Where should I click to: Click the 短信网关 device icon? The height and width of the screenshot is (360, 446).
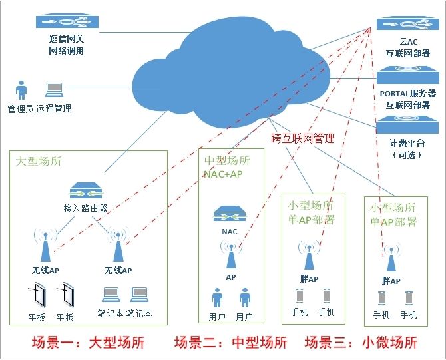[x=67, y=22]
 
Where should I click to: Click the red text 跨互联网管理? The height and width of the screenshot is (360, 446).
[x=302, y=138]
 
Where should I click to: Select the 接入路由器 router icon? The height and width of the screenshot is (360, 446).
[x=85, y=193]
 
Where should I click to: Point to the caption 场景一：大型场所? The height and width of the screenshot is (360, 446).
[x=88, y=343]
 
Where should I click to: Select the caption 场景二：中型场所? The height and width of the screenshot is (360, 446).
[x=230, y=343]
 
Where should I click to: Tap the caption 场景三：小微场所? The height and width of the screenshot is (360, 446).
[x=361, y=343]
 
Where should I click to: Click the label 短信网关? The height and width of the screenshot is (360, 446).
[x=66, y=39]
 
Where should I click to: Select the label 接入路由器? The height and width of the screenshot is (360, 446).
[x=85, y=208]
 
